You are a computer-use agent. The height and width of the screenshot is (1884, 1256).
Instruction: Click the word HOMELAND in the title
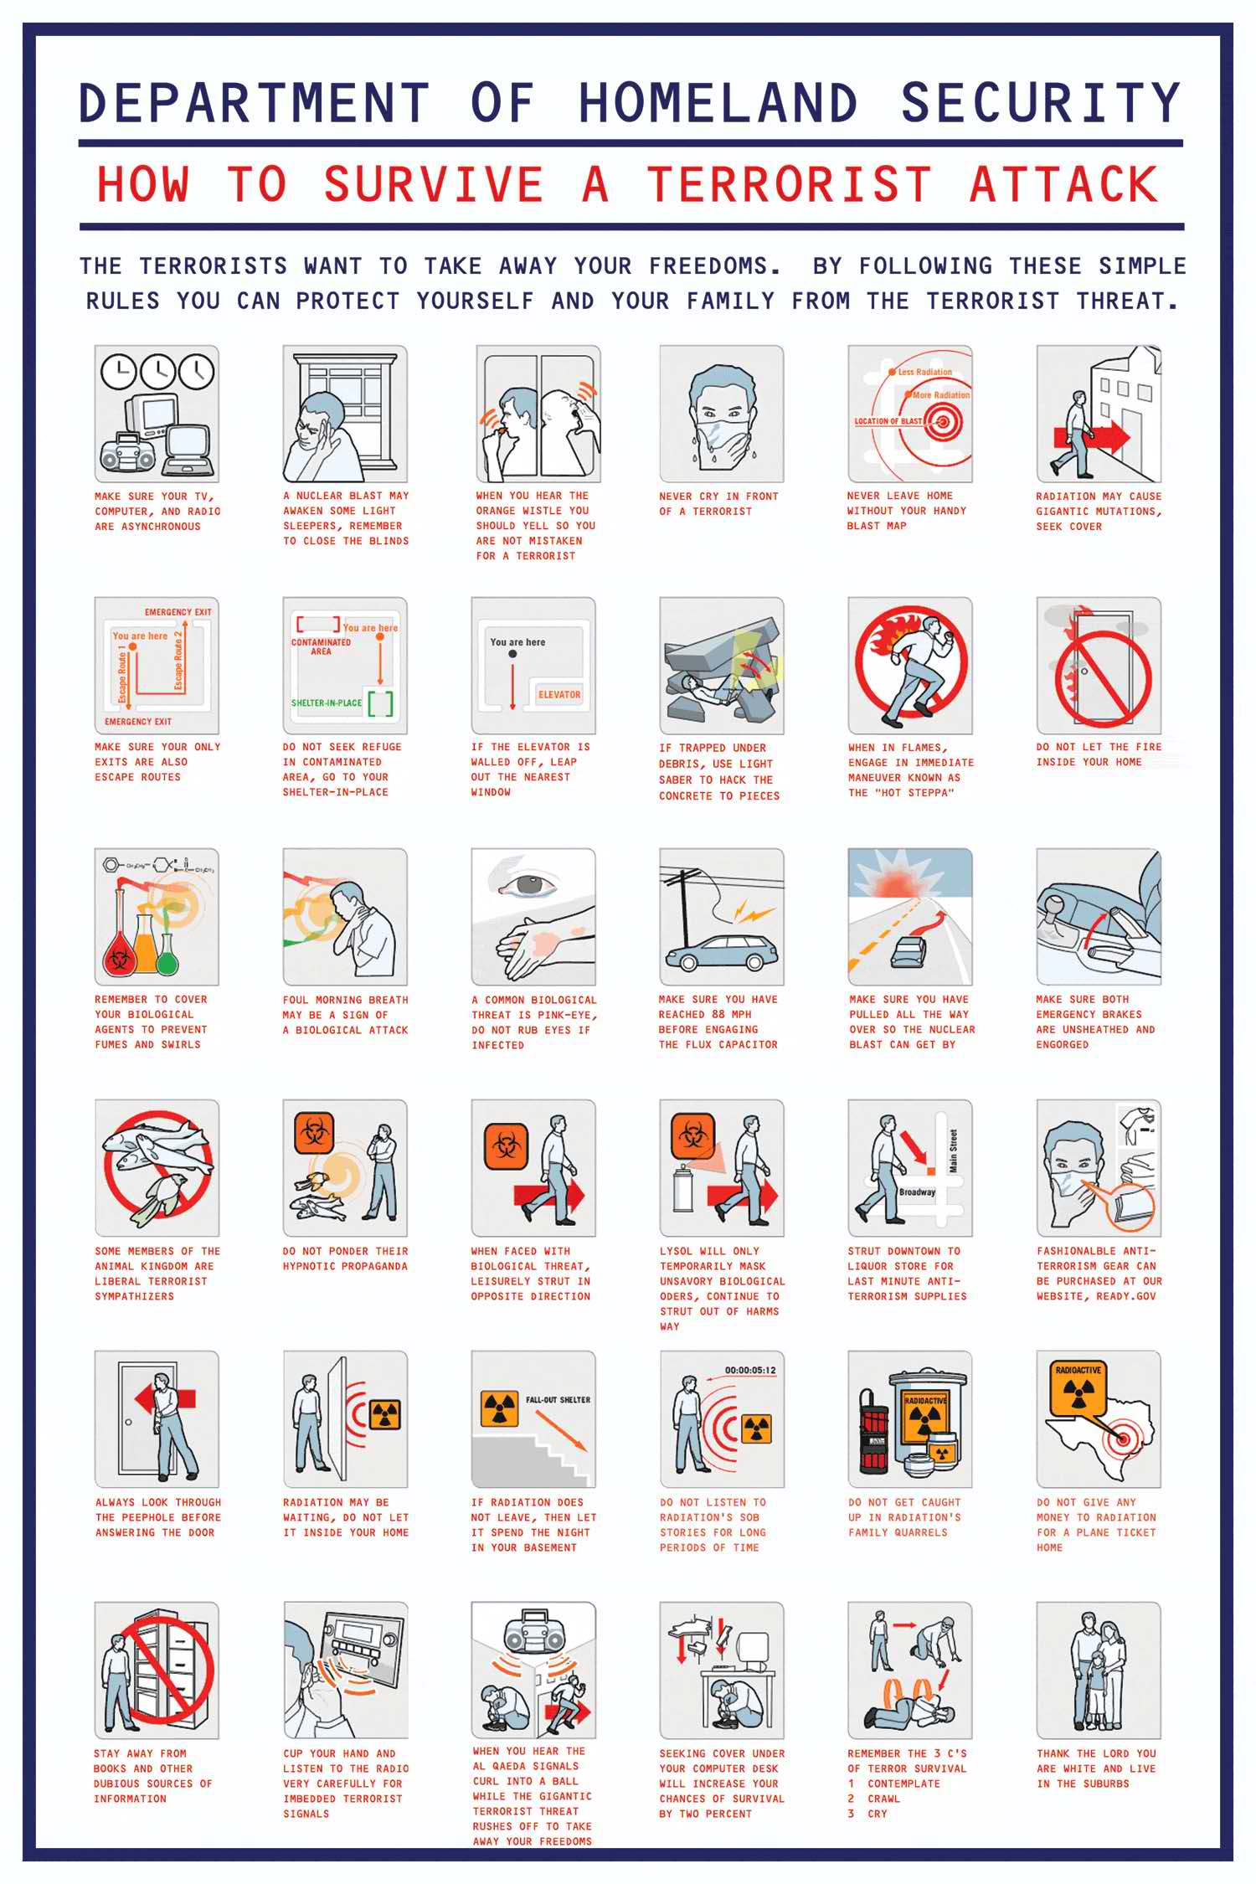pos(718,103)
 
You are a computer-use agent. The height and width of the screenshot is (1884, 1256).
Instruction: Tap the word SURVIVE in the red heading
pos(434,184)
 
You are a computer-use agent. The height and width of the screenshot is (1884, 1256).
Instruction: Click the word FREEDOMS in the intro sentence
pos(715,266)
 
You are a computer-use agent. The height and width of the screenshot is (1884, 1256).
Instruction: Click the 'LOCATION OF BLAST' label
pos(888,421)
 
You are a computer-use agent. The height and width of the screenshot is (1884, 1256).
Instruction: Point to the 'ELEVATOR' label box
pos(559,694)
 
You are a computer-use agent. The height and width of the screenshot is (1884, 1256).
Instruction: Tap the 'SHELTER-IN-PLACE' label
pos(327,703)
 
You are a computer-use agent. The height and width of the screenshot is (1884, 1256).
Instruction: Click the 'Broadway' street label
pos(917,1192)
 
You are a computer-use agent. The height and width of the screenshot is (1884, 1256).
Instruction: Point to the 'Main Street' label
pos(953,1151)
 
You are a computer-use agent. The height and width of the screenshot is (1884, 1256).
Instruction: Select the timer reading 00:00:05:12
pos(750,1370)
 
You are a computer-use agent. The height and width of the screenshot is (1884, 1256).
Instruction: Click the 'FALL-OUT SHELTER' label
pos(558,1399)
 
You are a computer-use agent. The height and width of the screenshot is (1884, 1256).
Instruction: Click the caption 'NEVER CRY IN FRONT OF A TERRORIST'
pos(718,503)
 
